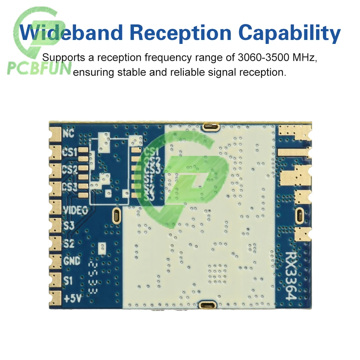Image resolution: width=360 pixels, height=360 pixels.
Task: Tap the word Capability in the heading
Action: click(289, 33)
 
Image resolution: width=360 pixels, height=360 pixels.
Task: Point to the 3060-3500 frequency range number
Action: click(264, 57)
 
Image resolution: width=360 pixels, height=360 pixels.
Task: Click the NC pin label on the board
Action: click(68, 134)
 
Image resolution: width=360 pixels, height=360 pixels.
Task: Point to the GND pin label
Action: click(72, 260)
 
